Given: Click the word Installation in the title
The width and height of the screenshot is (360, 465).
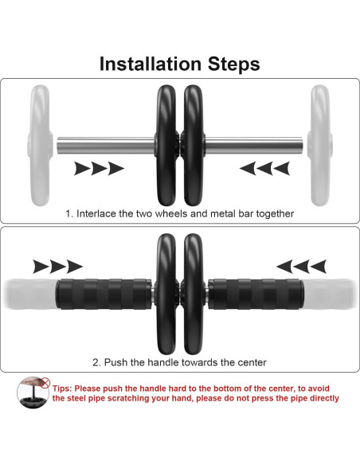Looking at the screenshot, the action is coord(151,64).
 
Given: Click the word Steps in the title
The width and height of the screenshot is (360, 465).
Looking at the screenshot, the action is coord(233,64).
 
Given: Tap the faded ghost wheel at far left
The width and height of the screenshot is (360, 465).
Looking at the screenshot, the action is coord(40,145).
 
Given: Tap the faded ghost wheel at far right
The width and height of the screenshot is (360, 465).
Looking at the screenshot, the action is coord(320,145).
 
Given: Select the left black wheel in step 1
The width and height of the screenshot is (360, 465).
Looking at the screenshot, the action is coord(166,145).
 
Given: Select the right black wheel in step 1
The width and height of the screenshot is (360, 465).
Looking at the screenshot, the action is coord(194,145).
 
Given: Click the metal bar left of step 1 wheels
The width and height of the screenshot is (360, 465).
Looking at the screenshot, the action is coord(106,145).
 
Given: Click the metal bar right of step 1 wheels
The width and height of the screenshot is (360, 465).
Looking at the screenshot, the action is coord(254,145).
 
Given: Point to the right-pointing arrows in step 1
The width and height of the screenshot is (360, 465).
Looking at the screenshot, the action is coord(99,169).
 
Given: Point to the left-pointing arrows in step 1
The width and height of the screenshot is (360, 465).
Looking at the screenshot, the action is coord(264,169).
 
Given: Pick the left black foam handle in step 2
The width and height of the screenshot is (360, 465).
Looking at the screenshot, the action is coord(104,294).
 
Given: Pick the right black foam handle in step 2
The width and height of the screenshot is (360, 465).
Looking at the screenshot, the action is coord(256,294).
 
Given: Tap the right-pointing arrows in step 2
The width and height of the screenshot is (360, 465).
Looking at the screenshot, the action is coord(57,266).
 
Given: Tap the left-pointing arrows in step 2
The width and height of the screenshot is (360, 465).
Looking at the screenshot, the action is coord(301,266).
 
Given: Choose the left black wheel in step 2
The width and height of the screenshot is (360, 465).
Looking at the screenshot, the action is coord(166,294).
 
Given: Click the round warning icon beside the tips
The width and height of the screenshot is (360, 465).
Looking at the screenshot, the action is coord(33,393).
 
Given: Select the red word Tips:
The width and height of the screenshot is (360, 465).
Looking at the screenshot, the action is coord(62,389).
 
